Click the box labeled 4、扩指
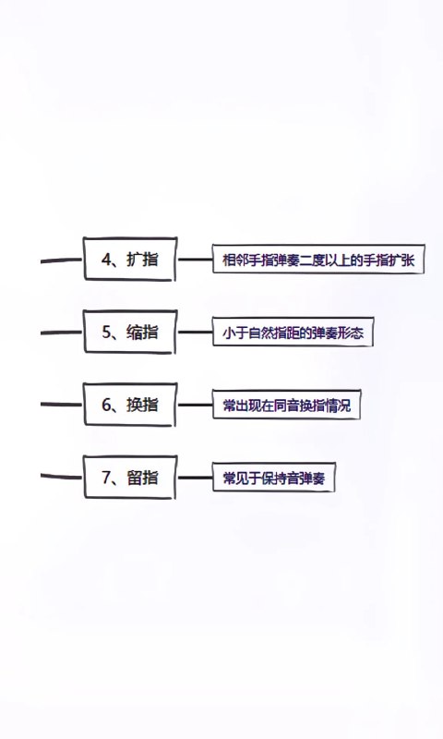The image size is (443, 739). pos(130,259)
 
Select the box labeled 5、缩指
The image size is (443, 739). pos(130,332)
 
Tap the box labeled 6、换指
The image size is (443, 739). pos(130,405)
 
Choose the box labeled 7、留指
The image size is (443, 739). pos(130,477)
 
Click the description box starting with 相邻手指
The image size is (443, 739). pos(318,259)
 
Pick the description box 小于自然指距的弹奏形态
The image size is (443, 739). pos(293,332)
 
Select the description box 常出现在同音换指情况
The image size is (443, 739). pos(286,405)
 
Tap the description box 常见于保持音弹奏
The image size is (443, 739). pos(273,478)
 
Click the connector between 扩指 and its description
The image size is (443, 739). pos(195,260)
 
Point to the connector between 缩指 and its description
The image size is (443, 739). pos(195,332)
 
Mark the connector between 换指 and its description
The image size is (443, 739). pos(195,405)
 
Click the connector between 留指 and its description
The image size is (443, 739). pos(195,478)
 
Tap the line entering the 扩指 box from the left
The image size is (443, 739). pos(62,260)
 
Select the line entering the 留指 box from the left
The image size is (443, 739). pos(62,477)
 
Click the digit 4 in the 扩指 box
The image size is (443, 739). pos(106,260)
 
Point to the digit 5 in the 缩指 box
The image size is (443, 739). pos(106,333)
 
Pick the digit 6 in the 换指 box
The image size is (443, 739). pos(106,405)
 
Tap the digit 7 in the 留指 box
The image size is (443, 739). pos(106,478)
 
